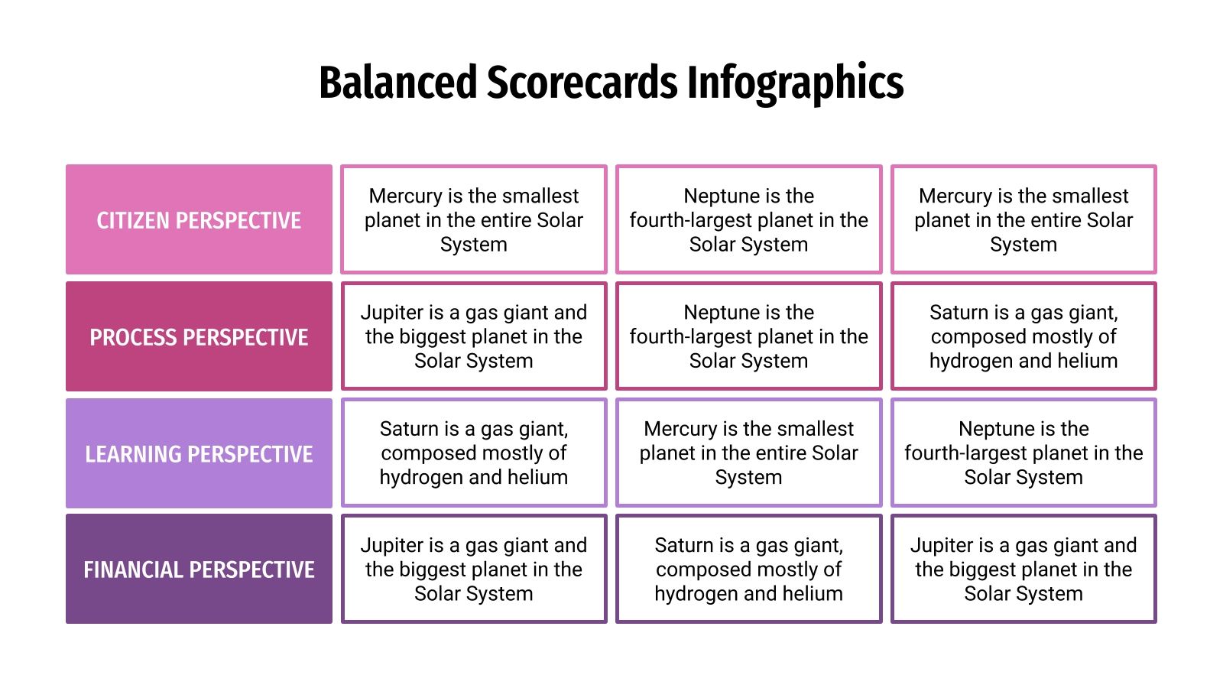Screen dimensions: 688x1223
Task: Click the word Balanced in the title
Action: (x=397, y=83)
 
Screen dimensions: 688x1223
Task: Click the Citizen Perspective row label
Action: (x=199, y=220)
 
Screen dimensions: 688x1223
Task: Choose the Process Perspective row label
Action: (x=199, y=337)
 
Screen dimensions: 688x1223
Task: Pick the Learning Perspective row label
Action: (x=199, y=454)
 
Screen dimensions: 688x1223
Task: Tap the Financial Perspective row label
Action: (x=199, y=570)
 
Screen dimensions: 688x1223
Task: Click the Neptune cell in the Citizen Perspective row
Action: (x=748, y=220)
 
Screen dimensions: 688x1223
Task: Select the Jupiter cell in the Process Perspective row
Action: (x=474, y=336)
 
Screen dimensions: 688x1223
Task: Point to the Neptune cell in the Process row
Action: (x=748, y=336)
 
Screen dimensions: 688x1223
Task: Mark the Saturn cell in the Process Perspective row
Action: (x=1023, y=336)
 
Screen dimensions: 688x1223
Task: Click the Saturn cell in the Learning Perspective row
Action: (x=474, y=453)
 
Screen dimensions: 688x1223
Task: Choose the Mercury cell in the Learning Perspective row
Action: (x=748, y=453)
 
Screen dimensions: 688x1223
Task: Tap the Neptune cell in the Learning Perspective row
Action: (x=1023, y=453)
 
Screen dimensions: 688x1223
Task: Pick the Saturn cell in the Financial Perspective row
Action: (x=748, y=570)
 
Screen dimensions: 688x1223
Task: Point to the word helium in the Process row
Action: (x=1088, y=361)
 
